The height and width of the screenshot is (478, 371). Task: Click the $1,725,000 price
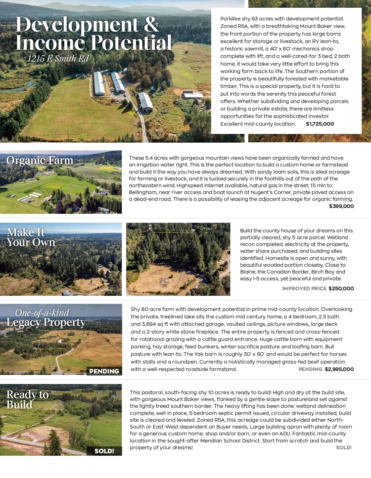tap(320, 124)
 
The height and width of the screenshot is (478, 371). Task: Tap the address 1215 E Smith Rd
tap(58, 58)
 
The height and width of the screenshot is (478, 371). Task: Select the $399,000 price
tap(341, 206)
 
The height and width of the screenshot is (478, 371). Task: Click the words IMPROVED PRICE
tap(304, 289)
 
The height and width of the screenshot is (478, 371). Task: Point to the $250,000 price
tap(341, 289)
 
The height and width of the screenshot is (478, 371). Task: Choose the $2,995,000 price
tap(339, 369)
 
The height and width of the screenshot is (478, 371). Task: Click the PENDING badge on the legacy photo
tap(104, 371)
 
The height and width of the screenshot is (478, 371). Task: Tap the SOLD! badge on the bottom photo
tap(104, 451)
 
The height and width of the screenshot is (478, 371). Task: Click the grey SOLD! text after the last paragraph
tap(344, 448)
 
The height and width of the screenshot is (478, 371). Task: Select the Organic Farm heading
tap(40, 160)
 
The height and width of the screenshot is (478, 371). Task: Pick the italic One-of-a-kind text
tap(42, 313)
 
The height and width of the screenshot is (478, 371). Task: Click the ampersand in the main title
tap(151, 24)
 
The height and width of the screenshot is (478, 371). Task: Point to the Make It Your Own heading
tap(31, 237)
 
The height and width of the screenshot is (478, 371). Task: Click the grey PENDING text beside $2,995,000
tap(310, 369)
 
